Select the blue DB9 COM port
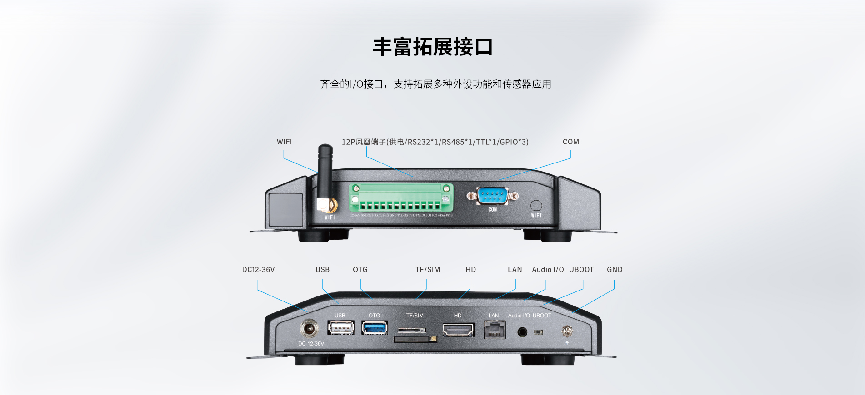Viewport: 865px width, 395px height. coord(493,196)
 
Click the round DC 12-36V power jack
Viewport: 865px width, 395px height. coord(309,328)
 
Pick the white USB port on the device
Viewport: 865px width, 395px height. coord(341,327)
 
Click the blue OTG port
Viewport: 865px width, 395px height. coord(375,327)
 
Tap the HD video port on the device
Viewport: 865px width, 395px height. coord(458,330)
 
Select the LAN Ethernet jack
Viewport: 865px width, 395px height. coord(495,330)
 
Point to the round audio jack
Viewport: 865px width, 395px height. coord(522,332)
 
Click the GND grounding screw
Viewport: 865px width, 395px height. coord(567,331)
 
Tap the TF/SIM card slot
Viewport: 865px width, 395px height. coord(415,335)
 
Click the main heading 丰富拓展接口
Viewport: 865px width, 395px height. coord(433,47)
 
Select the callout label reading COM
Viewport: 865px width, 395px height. coord(570,142)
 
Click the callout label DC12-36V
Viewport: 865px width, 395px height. coord(258,270)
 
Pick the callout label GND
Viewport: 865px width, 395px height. coord(615,270)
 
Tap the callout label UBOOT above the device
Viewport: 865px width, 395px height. coord(581,270)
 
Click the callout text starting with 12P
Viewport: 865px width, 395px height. coord(435,142)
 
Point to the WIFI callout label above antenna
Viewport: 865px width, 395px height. coord(284,142)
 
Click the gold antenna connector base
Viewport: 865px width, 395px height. coord(328,206)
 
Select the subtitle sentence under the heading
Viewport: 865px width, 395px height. coord(435,84)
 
